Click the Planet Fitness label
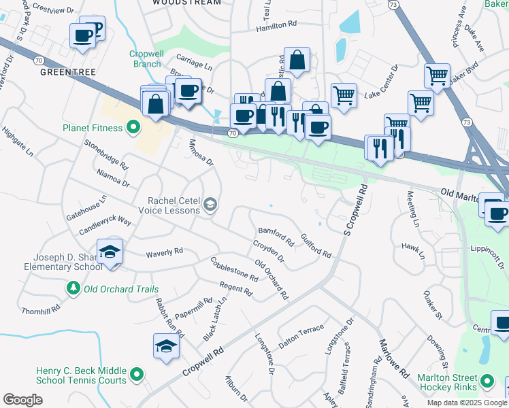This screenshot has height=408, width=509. click(93, 128)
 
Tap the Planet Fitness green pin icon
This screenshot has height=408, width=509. click(133, 127)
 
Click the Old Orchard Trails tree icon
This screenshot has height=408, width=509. click(73, 289)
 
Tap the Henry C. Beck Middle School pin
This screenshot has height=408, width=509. click(137, 374)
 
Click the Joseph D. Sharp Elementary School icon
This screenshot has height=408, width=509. click(110, 252)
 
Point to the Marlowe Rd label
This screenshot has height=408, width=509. click(394, 360)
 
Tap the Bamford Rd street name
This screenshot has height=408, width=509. click(275, 237)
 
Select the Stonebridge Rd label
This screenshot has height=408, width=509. click(106, 154)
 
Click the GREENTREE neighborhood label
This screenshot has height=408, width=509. click(67, 71)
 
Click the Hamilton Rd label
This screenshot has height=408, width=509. click(277, 25)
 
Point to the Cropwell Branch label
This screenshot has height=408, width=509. click(145, 59)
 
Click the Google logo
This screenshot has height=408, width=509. click(22, 400)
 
